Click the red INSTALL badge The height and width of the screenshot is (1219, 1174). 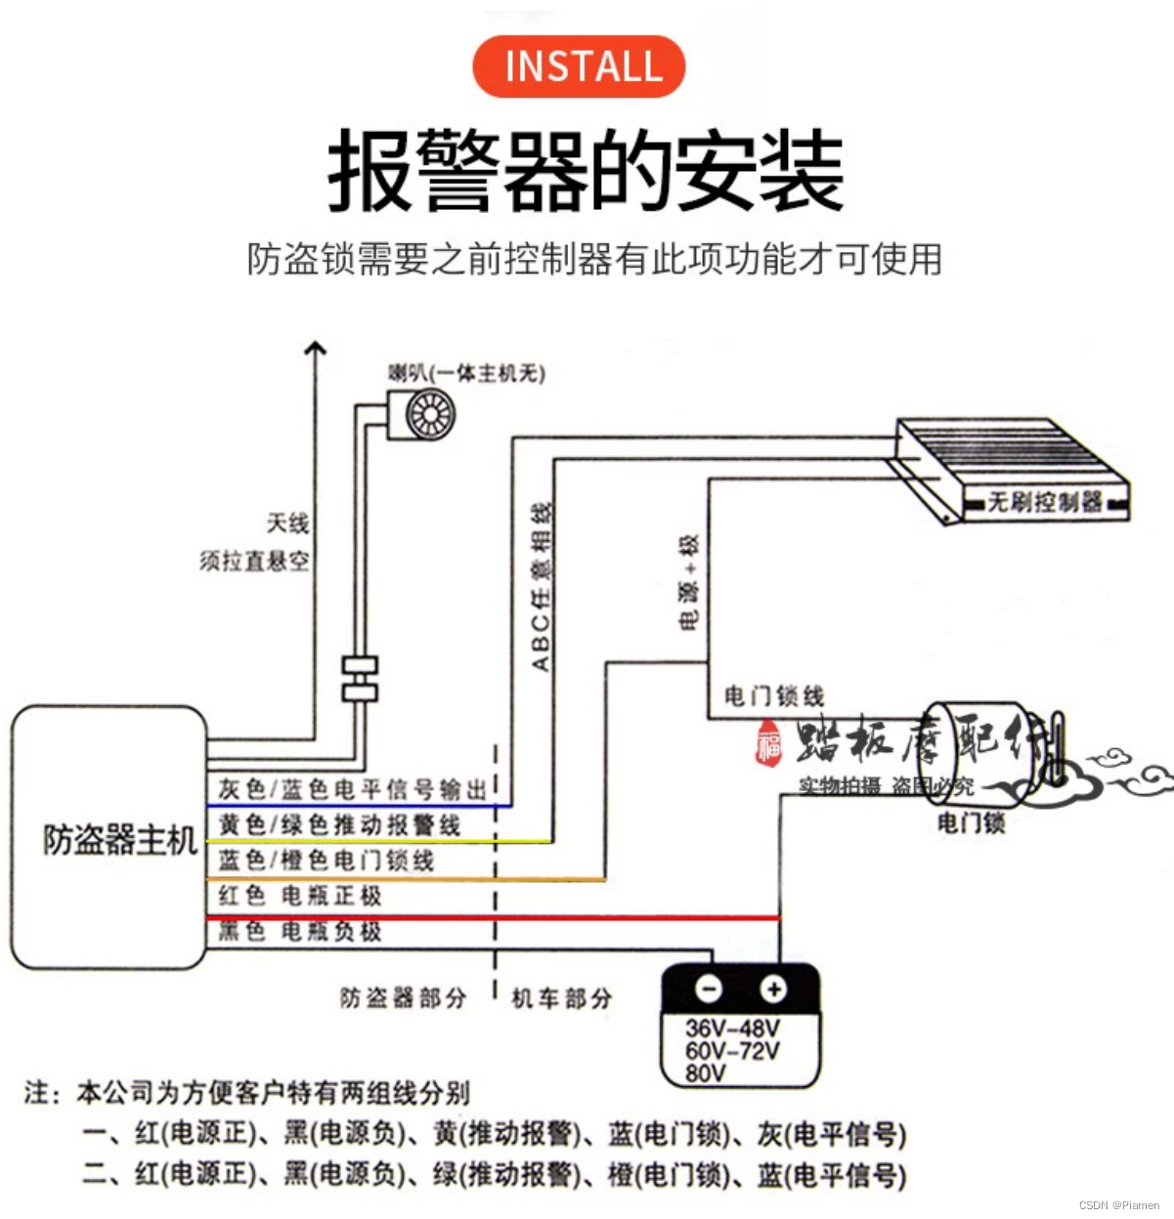point(579,66)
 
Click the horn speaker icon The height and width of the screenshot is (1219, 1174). point(422,414)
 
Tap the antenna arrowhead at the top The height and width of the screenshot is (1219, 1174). point(315,348)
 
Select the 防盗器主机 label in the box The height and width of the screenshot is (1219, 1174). point(120,839)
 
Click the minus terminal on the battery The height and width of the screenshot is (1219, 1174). point(709,989)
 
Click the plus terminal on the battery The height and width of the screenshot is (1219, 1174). point(774,989)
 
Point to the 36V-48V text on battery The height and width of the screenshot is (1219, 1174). point(732,1029)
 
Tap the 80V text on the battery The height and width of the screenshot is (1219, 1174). point(706,1073)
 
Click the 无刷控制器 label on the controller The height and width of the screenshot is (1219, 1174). point(1044,502)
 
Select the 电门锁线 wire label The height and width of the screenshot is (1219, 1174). point(774,696)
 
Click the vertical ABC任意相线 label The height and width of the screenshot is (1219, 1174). point(541,587)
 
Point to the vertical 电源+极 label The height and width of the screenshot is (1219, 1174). point(689,582)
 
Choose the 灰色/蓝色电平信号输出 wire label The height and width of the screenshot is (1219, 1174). point(352,788)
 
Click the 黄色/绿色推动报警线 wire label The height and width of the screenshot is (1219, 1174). point(339,825)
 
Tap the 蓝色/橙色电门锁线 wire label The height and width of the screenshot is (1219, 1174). point(326,861)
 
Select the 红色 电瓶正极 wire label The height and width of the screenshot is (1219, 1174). point(300,896)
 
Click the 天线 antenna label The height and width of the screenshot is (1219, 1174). point(288,524)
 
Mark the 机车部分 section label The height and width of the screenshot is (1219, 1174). point(562,998)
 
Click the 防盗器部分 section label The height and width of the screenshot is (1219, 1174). point(403,998)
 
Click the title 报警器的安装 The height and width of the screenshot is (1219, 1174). point(586,172)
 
